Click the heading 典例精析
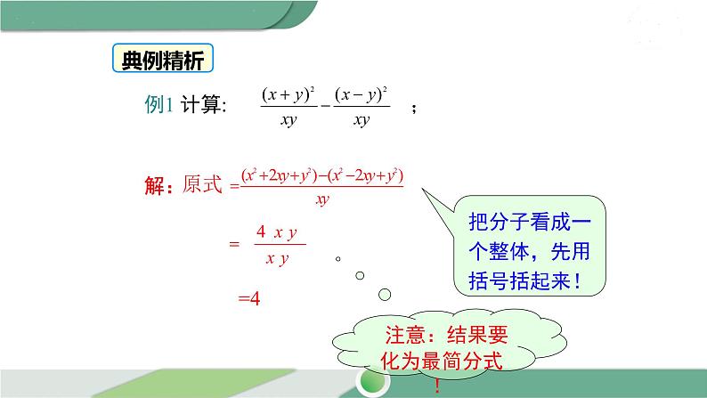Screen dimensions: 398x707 (x=160, y=61)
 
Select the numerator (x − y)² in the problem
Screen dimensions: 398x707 (x=361, y=93)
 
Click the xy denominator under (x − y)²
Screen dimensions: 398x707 (x=361, y=119)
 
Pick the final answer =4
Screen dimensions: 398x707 (x=248, y=299)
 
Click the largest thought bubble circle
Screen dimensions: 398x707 (x=385, y=294)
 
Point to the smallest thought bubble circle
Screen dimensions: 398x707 (x=338, y=260)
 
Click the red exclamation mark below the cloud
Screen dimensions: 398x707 (x=437, y=386)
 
